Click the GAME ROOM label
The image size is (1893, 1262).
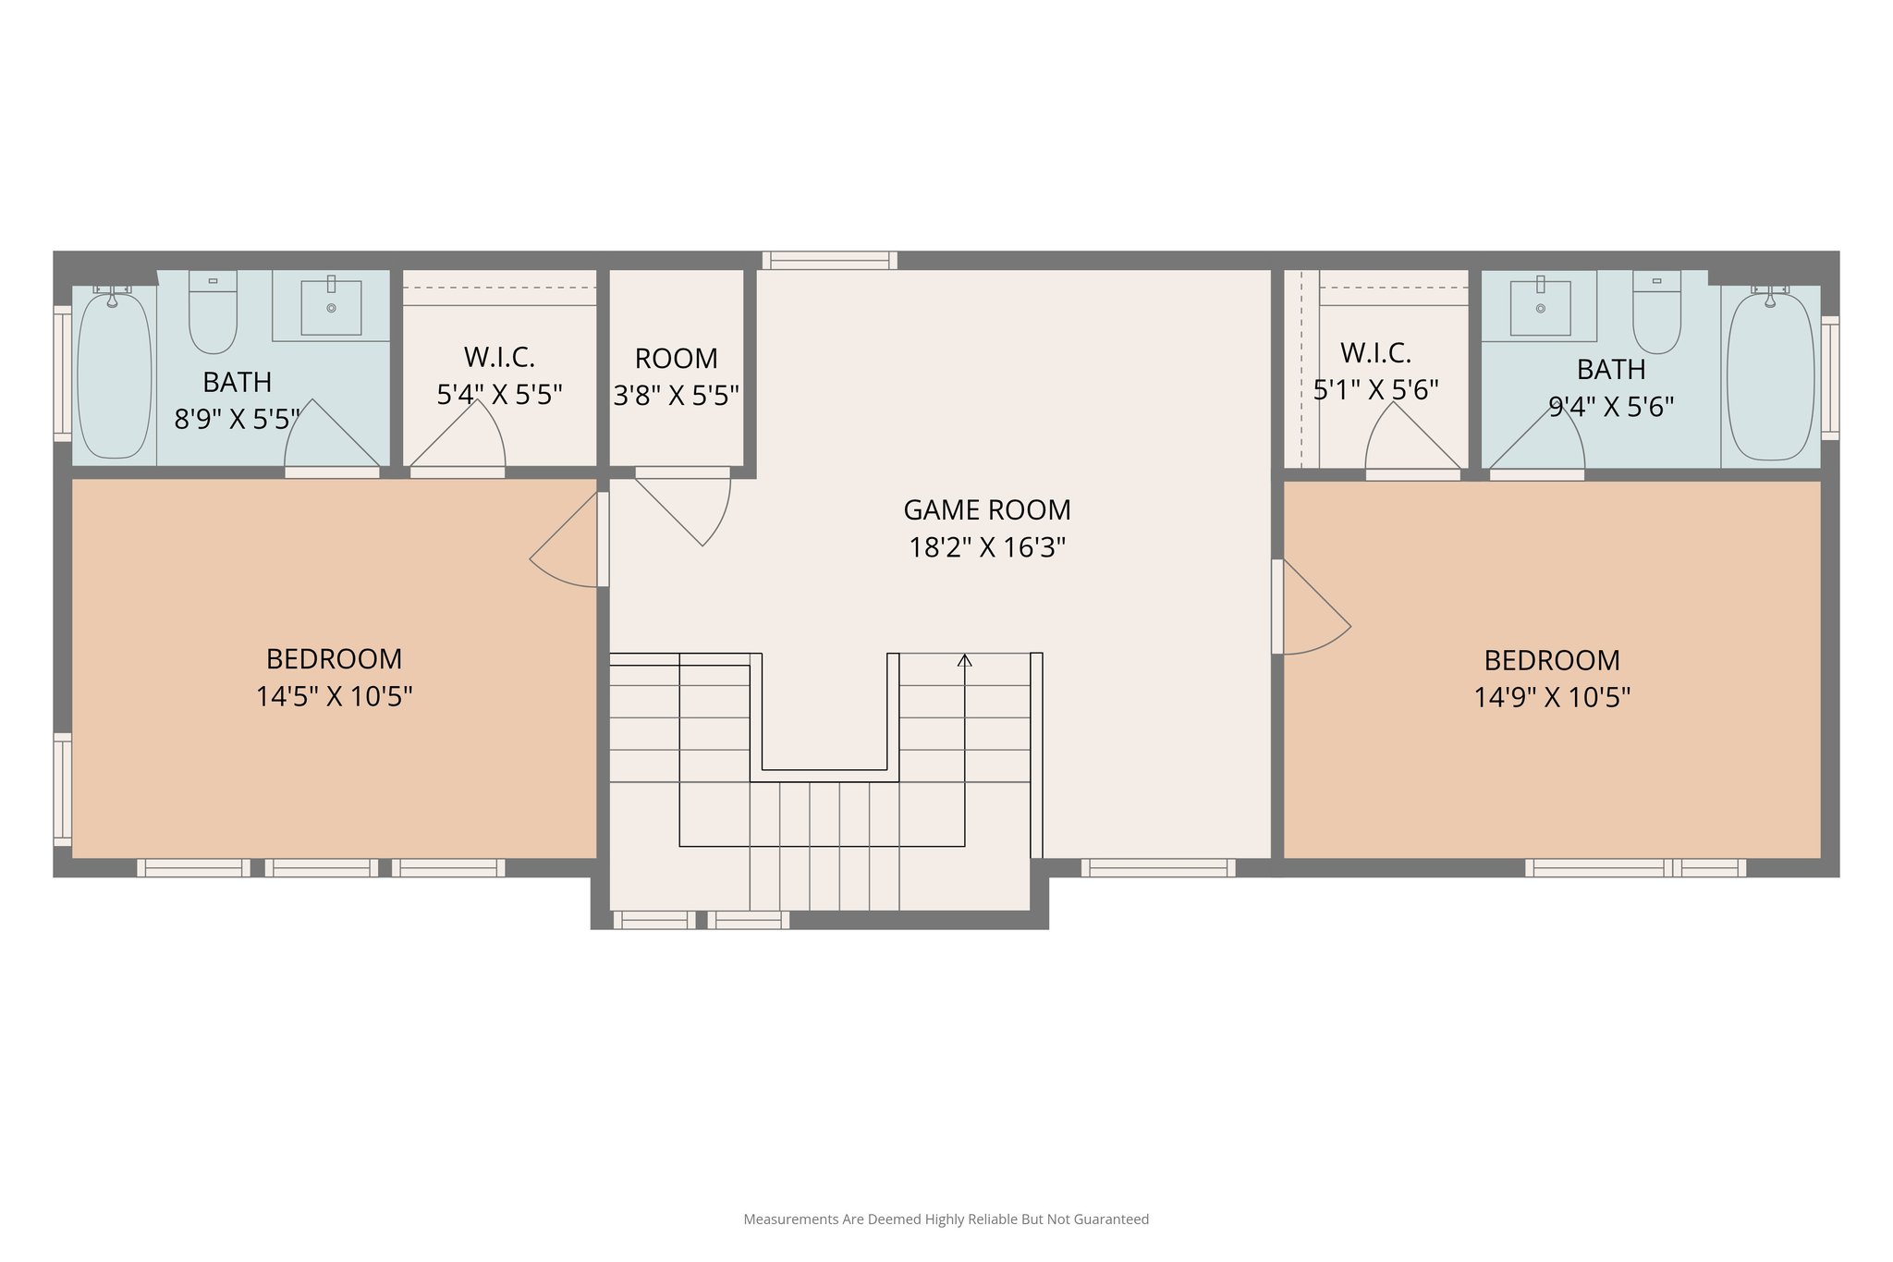point(986,509)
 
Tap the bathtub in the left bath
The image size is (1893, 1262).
point(114,374)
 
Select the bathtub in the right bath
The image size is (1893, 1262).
point(1770,374)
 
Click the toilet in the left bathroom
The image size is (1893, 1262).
point(213,312)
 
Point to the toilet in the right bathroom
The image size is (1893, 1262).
point(1656,312)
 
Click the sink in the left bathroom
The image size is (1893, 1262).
point(331,306)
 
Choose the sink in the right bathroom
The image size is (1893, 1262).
point(1540,307)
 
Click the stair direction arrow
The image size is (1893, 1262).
point(964,660)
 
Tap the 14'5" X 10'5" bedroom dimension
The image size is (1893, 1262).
point(334,696)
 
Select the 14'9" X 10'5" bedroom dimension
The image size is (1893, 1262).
point(1551,697)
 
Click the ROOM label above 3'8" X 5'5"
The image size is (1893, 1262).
point(676,358)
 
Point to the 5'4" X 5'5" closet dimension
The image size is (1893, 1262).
point(499,395)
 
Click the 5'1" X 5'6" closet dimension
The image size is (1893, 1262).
point(1375,390)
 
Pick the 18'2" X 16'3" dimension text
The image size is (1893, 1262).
point(986,547)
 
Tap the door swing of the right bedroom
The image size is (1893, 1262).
point(1315,610)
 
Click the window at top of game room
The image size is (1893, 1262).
point(829,260)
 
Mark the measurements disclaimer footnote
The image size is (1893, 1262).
point(946,1219)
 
